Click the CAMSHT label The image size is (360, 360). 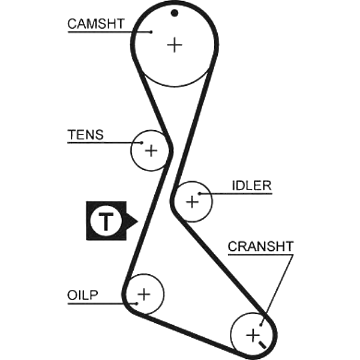click(x=96, y=23)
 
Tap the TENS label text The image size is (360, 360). click(x=85, y=134)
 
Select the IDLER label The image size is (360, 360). click(x=251, y=185)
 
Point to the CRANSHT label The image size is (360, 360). click(x=260, y=246)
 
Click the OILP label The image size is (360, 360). click(x=82, y=295)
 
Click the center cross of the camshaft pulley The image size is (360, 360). click(x=175, y=45)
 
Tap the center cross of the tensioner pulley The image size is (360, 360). click(x=151, y=151)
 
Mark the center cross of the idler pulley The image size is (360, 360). click(x=192, y=202)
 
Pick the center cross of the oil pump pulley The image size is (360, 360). click(x=144, y=294)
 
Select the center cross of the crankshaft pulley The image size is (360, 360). click(x=253, y=335)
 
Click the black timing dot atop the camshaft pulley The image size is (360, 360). click(x=175, y=13)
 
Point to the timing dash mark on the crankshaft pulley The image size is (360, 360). click(x=262, y=344)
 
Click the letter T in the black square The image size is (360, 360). click(x=106, y=221)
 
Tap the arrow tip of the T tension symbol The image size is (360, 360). click(x=138, y=221)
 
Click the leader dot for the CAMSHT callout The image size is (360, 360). click(x=151, y=32)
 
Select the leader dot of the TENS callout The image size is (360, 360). click(x=142, y=143)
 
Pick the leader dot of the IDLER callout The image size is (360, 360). click(x=200, y=194)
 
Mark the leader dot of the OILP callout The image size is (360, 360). click(x=137, y=304)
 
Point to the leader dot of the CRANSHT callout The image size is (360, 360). click(x=261, y=325)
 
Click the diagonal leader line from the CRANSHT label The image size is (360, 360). click(x=277, y=290)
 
